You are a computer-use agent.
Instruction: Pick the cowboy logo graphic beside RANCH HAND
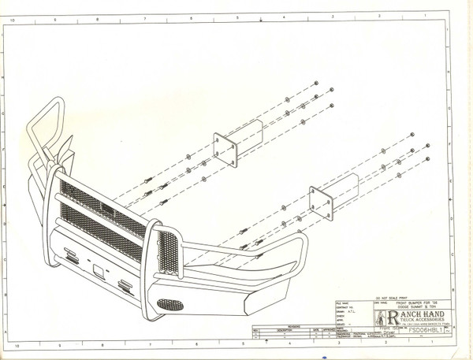[380, 317]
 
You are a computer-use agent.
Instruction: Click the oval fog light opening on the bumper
[169, 303]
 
